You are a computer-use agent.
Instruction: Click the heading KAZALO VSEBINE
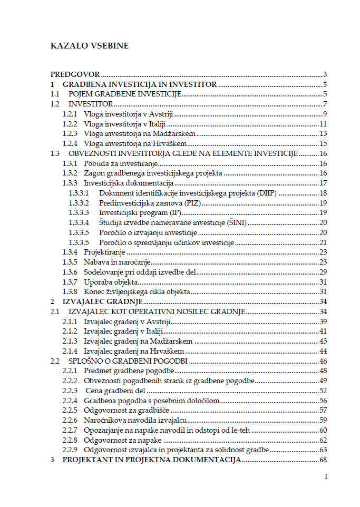[x=89, y=46]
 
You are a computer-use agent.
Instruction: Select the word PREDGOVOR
[x=75, y=75]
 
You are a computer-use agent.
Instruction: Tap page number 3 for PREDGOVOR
[x=326, y=75]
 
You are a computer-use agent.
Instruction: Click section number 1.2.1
[x=70, y=114]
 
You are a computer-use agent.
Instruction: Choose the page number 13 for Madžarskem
[x=324, y=134]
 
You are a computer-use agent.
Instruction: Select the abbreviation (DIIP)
[x=266, y=193]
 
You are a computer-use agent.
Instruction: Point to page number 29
[x=324, y=272]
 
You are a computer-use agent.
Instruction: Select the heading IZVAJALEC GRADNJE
[x=103, y=301]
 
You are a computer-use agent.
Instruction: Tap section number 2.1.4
[x=70, y=351]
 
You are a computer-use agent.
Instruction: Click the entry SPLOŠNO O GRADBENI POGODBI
[x=129, y=361]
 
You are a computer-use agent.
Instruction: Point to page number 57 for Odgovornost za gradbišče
[x=324, y=410]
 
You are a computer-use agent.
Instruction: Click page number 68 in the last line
[x=324, y=460]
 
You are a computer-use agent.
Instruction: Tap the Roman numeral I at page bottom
[x=326, y=476]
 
